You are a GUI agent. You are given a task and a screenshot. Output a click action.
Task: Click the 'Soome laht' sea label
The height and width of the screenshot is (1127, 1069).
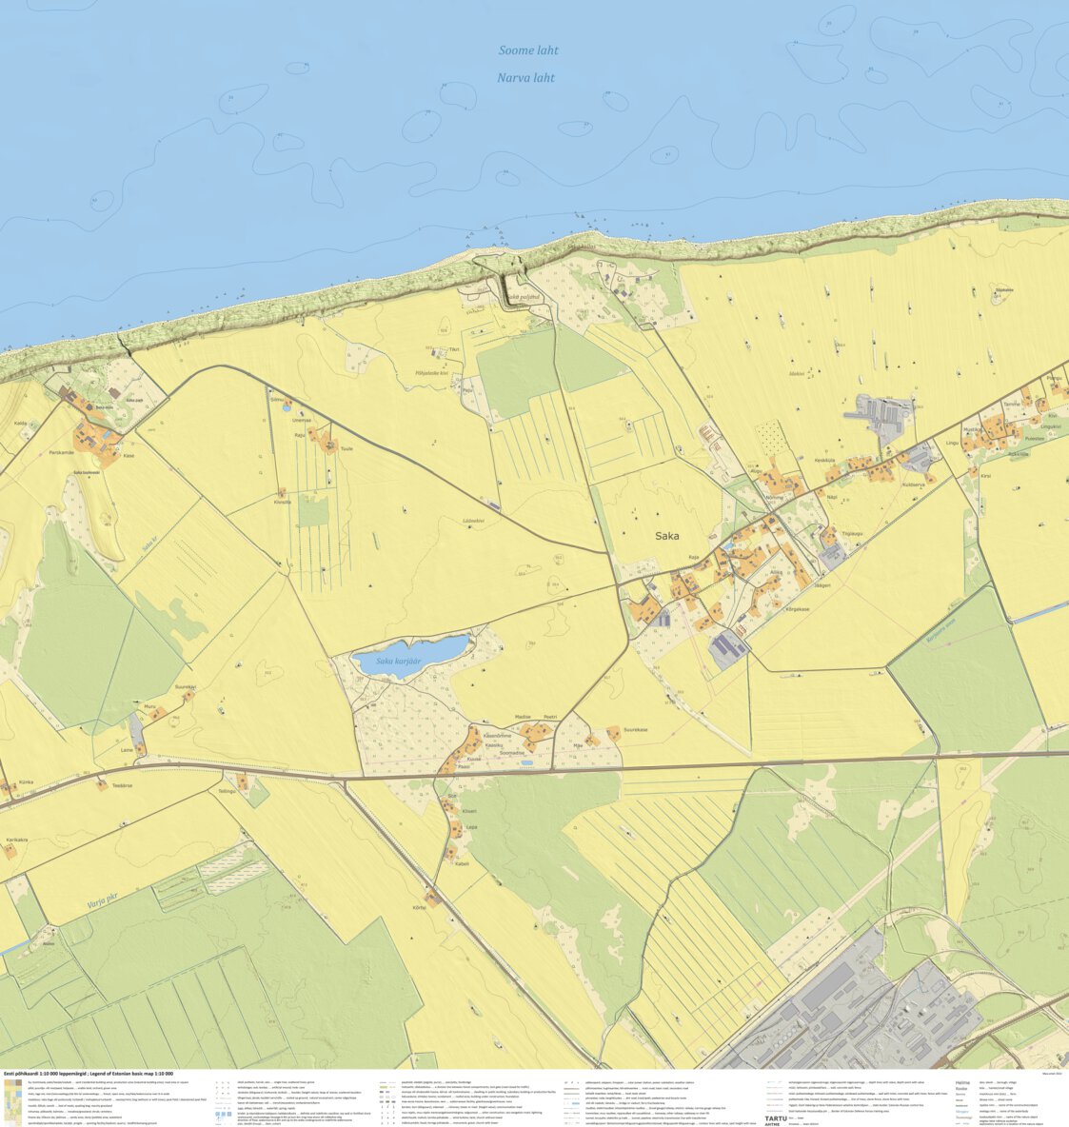click(528, 50)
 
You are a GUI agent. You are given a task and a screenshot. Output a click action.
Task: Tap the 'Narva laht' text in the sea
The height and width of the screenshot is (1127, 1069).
click(525, 78)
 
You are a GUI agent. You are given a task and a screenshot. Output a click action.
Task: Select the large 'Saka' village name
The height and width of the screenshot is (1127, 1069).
click(667, 536)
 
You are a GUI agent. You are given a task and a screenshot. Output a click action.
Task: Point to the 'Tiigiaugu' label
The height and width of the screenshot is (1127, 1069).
click(850, 533)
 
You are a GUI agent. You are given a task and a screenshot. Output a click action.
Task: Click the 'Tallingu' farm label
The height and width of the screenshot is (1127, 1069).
click(227, 791)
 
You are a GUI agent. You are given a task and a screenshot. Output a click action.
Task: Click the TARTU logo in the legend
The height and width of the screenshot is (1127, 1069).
click(777, 1118)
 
